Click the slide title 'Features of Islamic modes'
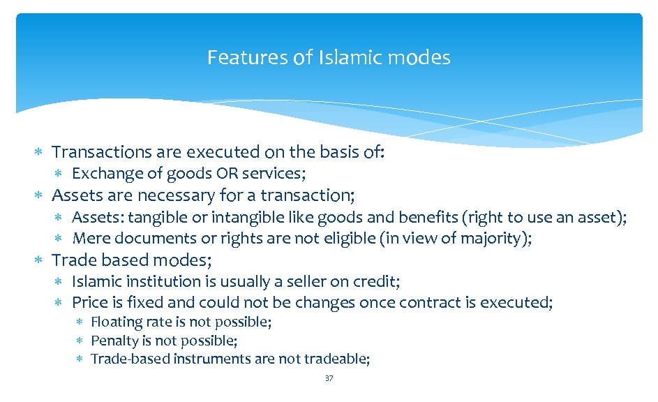(x=329, y=57)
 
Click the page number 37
(x=329, y=378)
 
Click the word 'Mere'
(x=89, y=238)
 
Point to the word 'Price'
(x=89, y=303)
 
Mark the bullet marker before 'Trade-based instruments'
(x=80, y=359)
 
